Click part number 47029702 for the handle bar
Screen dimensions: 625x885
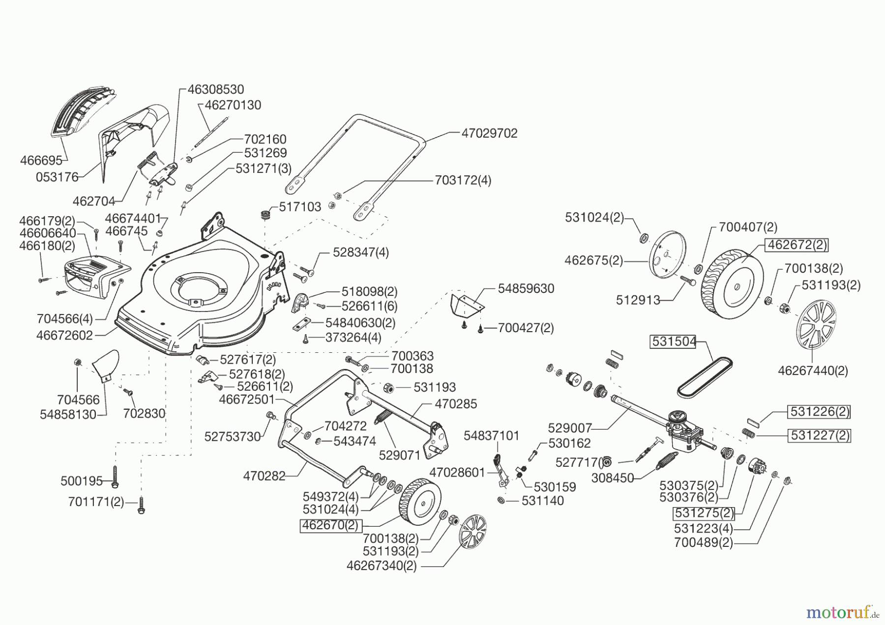pyautogui.click(x=489, y=134)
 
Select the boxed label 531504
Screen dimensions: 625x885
pyautogui.click(x=673, y=341)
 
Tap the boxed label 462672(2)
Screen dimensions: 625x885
pyautogui.click(x=796, y=245)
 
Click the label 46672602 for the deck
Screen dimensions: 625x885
pyautogui.click(x=64, y=336)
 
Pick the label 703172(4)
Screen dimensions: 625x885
pyautogui.click(x=463, y=180)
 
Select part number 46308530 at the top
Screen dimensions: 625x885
pyautogui.click(x=216, y=89)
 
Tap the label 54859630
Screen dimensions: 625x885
pyautogui.click(x=526, y=289)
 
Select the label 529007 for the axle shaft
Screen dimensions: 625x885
pyautogui.click(x=570, y=428)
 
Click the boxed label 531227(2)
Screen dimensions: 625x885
pyautogui.click(x=819, y=435)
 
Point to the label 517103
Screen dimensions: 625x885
pyautogui.click(x=300, y=207)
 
